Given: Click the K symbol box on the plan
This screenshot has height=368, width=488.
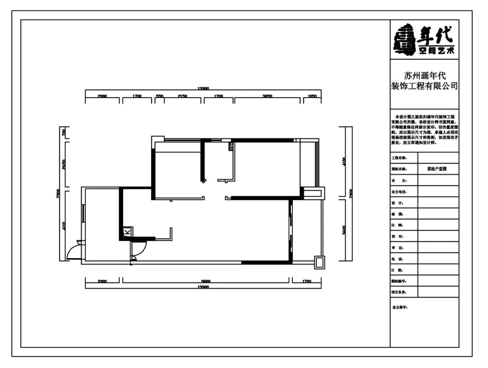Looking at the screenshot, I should point(127,231).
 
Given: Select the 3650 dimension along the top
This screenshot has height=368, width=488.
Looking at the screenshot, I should point(267,96).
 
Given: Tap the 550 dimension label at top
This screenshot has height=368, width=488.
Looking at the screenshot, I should point(160,96).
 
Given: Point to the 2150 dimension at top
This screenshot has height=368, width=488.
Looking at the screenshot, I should point(183,96).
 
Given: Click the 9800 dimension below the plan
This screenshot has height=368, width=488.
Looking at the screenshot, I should point(206,281).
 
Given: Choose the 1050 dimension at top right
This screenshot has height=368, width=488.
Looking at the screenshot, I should point(311,96).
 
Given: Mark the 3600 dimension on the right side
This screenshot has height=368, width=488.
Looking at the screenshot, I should point(343,229).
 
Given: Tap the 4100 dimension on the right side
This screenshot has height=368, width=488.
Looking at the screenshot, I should point(343,162).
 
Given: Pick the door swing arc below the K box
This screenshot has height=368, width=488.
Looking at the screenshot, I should point(139,250).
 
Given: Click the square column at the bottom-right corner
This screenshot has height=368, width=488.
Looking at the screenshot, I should point(319,262).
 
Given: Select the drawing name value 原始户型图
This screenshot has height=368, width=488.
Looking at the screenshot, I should point(437,169).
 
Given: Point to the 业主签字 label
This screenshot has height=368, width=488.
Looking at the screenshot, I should point(400,307).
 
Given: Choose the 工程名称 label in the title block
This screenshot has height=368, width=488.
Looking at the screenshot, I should point(399,158).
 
